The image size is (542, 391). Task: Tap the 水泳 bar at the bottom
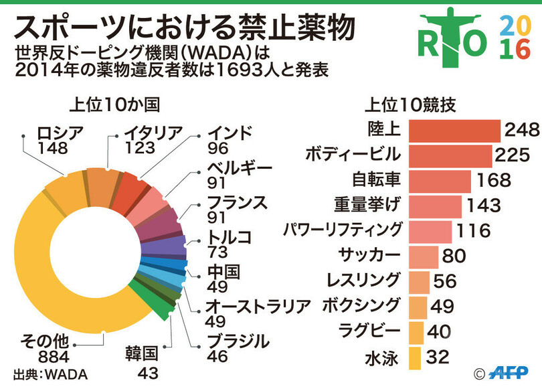tap(414, 358)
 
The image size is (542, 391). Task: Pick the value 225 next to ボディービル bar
tap(513, 155)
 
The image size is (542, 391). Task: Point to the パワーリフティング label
tap(343, 230)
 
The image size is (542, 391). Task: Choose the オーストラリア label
tap(258, 306)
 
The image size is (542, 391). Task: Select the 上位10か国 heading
tap(114, 105)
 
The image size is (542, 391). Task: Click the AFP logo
tap(512, 372)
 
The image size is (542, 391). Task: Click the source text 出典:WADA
tap(50, 374)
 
